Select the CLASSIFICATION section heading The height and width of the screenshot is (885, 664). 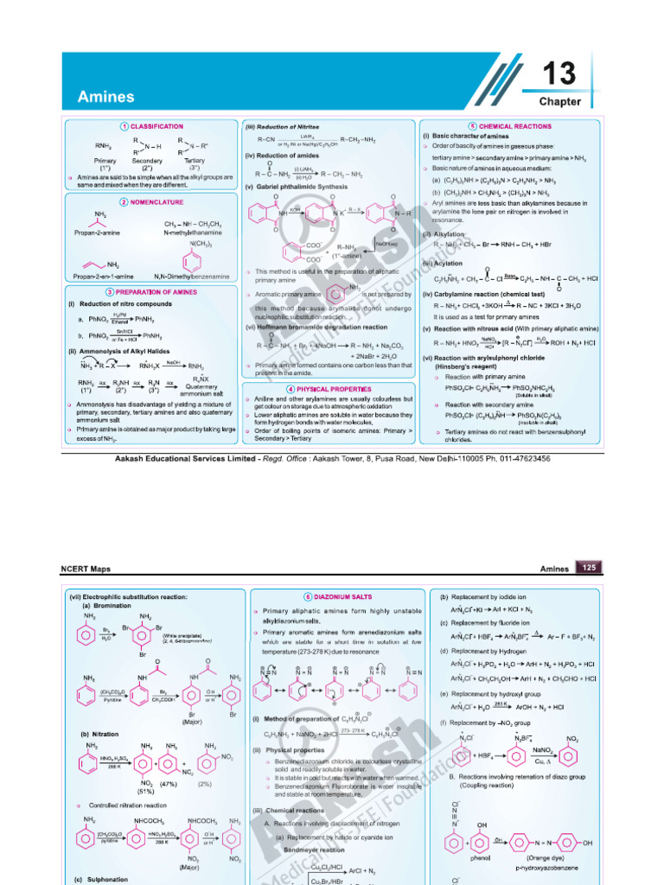click(x=156, y=126)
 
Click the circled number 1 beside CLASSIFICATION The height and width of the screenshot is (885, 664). click(x=124, y=126)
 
